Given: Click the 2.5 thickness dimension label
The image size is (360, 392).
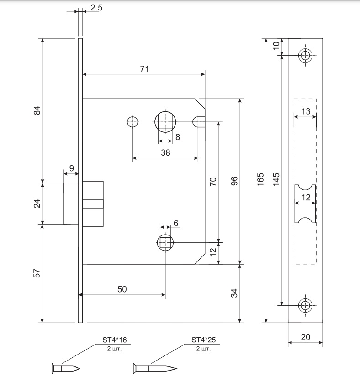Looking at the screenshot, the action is click(96, 8).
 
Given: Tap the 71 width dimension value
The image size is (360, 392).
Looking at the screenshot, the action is click(144, 69).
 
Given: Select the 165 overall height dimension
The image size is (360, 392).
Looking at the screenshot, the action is click(260, 179).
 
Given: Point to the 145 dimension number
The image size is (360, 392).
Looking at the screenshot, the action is click(276, 179).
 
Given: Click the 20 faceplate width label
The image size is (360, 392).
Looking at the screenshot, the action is click(306, 337).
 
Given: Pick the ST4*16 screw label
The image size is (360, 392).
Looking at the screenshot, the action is click(115, 340).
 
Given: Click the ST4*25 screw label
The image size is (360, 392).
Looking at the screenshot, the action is click(204, 340).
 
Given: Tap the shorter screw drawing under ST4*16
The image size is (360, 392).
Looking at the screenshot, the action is click(66, 369).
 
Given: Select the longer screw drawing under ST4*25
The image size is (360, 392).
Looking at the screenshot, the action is click(155, 369).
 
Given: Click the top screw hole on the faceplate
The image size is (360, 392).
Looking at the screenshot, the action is click(306, 56).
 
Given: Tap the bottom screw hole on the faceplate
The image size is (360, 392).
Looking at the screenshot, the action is click(306, 305).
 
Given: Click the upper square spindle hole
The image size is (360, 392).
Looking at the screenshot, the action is click(165, 122).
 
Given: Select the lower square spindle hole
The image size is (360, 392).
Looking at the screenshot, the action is click(165, 242).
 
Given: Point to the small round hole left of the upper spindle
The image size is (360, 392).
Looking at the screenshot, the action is click(132, 122).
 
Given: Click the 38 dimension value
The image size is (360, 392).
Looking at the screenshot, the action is click(165, 152).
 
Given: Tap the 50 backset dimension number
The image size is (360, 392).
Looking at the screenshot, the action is click(122, 289).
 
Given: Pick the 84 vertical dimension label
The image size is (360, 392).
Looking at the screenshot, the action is click(37, 110).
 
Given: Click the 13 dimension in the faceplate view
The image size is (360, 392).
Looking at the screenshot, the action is click(306, 111).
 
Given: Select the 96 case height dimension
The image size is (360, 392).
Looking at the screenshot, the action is click(234, 181).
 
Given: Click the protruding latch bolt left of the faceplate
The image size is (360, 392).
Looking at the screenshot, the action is click(71, 204).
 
